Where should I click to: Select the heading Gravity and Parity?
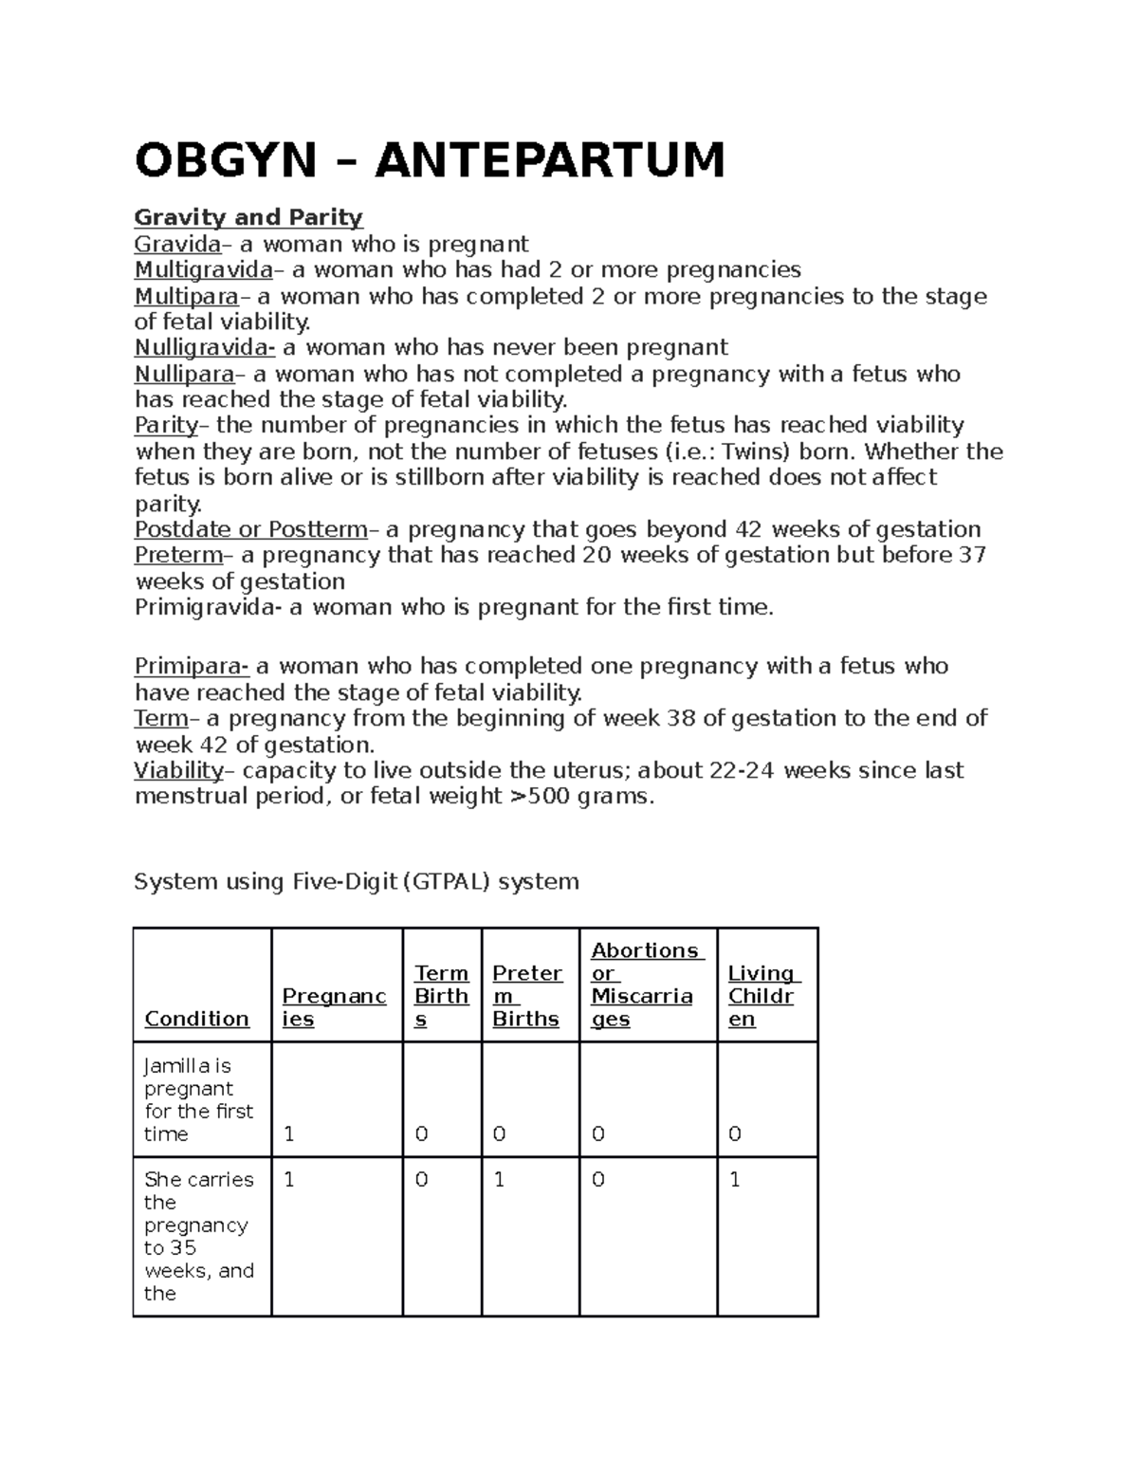click(248, 217)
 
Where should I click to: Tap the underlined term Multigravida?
click(203, 269)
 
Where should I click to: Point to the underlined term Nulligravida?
click(204, 347)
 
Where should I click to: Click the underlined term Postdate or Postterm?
click(250, 528)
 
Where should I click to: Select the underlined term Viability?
click(178, 769)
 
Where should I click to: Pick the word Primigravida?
click(208, 607)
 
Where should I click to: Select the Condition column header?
click(196, 1019)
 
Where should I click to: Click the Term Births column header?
click(441, 996)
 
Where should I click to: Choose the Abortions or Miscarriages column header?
click(645, 985)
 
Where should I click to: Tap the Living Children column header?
click(762, 996)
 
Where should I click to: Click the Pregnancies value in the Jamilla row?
click(290, 1134)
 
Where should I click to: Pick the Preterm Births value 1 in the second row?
click(500, 1180)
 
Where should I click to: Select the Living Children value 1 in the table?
click(735, 1180)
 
